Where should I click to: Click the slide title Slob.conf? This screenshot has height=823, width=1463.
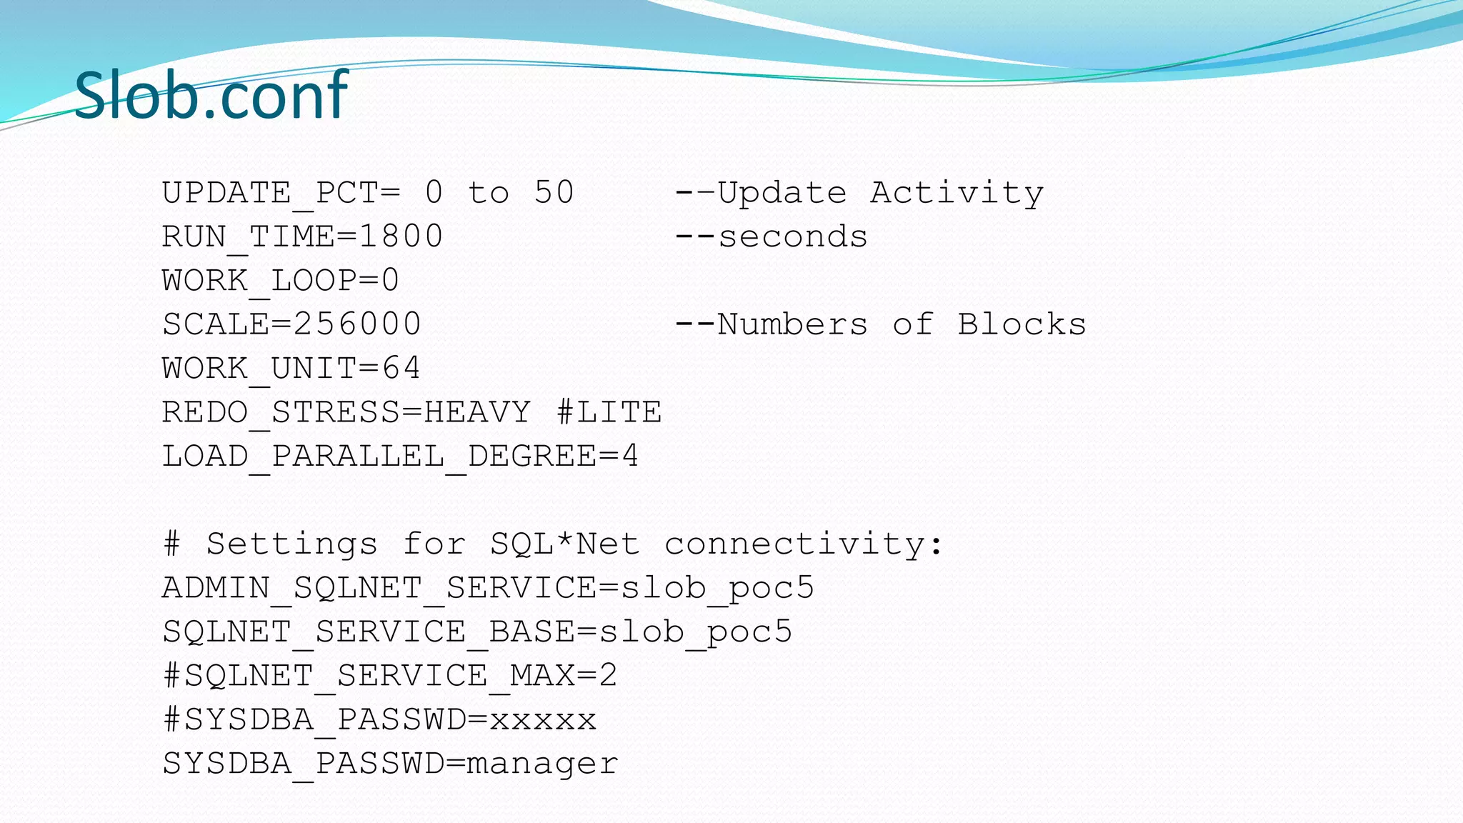(x=211, y=95)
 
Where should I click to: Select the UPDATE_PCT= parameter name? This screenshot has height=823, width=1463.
(x=281, y=193)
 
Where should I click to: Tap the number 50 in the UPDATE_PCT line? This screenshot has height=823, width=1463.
(x=554, y=192)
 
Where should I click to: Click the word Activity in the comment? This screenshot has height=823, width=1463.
(x=957, y=193)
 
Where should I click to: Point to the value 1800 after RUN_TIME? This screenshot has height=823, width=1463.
(x=401, y=236)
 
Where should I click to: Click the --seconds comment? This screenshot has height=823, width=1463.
(x=772, y=236)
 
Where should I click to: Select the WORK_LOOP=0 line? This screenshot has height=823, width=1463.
(x=281, y=281)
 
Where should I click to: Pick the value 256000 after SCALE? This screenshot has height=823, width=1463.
(x=357, y=324)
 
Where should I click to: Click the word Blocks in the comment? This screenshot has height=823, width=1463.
(x=1022, y=324)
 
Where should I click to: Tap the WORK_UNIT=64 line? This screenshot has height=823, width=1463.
(x=291, y=369)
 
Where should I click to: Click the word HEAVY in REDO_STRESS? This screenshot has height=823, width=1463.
(x=477, y=412)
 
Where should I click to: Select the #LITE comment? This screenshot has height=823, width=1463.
(x=609, y=412)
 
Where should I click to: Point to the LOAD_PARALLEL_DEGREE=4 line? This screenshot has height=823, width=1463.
(x=400, y=457)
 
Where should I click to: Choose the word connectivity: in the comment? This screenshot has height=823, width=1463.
(x=804, y=544)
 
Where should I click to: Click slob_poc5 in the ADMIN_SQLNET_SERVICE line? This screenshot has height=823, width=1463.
(x=717, y=589)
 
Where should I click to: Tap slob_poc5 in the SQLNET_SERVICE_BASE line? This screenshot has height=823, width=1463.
(x=695, y=632)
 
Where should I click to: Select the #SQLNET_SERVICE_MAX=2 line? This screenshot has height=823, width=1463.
(x=390, y=676)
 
